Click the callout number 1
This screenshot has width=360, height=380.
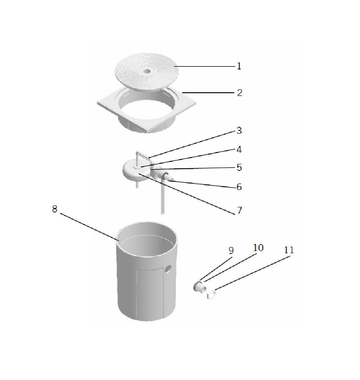click(x=239, y=66)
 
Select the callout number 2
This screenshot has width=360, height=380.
click(x=240, y=93)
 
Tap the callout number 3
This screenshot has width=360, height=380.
click(x=239, y=130)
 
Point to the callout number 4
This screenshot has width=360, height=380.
click(x=239, y=150)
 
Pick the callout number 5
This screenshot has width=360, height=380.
click(x=239, y=168)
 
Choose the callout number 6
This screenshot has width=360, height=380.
click(x=239, y=187)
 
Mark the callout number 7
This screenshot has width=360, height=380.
click(x=240, y=210)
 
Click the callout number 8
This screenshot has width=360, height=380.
click(x=55, y=209)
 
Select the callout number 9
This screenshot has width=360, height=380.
click(x=231, y=251)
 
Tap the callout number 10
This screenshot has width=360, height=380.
click(x=258, y=248)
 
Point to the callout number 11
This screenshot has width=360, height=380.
click(x=289, y=250)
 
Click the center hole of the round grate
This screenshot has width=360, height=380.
click(x=147, y=71)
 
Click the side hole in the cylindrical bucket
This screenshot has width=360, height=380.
click(x=168, y=269)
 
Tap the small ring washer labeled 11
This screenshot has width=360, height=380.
click(x=211, y=294)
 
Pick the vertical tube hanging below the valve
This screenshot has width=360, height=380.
click(x=163, y=196)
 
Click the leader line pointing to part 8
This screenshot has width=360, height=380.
click(x=89, y=227)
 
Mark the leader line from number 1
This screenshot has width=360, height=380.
click(x=205, y=66)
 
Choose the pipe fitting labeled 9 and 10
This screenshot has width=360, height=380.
click(x=200, y=287)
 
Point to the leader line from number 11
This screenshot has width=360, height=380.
click(x=252, y=273)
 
